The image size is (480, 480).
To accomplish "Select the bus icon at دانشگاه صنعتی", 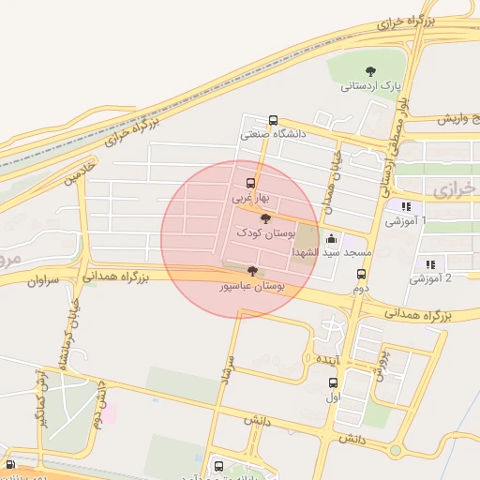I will point(273,120).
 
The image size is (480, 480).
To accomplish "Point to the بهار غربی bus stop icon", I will point(250,183).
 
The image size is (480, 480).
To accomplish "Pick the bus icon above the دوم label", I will point(362,274).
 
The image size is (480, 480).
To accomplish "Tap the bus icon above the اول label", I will point(333,382).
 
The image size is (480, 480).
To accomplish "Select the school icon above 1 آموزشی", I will point(405,207).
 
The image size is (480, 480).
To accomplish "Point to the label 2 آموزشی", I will point(431,279).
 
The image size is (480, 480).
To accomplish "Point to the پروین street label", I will point(382,367).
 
